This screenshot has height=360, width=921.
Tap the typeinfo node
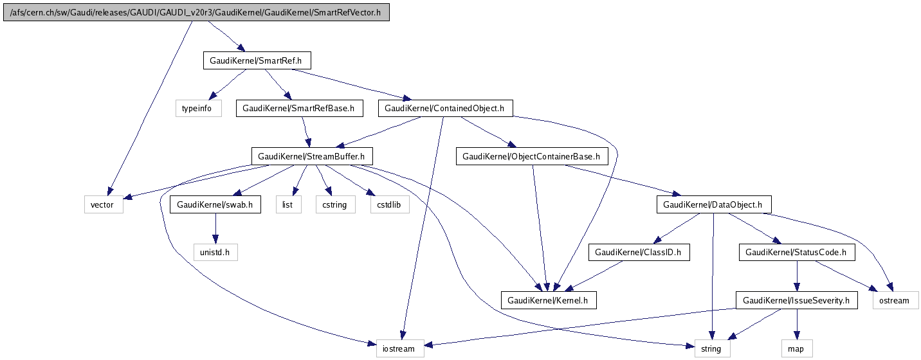(198, 109)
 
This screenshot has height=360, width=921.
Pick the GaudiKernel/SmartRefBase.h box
(299, 109)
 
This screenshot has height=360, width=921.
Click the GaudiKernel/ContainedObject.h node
(445, 109)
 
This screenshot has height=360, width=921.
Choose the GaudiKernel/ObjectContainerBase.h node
(531, 156)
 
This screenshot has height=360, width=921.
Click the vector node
(103, 205)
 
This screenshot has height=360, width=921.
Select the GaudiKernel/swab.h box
(215, 205)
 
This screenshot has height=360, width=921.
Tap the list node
(288, 205)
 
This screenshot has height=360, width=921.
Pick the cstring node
(334, 205)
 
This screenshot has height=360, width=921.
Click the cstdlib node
(389, 205)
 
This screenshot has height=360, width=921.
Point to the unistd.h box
(215, 253)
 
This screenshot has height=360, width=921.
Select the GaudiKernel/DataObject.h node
(713, 205)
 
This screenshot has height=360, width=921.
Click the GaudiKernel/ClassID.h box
(639, 253)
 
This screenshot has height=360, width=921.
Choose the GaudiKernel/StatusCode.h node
(797, 253)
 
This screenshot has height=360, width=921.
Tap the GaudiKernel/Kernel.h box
(548, 300)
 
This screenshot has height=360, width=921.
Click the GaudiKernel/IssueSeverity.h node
(796, 300)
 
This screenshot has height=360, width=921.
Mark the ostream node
(895, 300)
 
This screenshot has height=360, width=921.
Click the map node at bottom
(797, 349)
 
